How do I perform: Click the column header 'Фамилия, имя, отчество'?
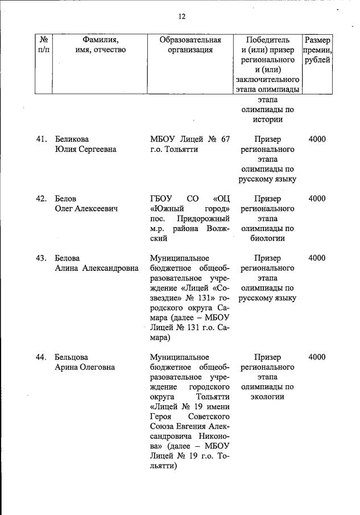[x=100, y=45]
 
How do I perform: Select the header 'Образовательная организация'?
[x=190, y=45]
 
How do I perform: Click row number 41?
[x=41, y=139]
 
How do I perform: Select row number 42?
[x=41, y=199]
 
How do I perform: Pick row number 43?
[x=41, y=258]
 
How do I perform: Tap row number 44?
[x=41, y=357]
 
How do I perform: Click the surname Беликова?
[x=72, y=139]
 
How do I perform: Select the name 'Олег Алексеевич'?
[x=86, y=209]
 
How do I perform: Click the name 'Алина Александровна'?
[x=97, y=269]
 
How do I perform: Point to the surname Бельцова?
[x=72, y=357]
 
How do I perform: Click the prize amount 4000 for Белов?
[x=317, y=199]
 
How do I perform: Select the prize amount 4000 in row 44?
[x=317, y=357]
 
